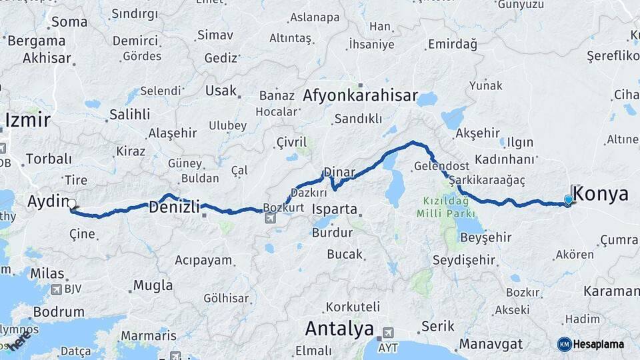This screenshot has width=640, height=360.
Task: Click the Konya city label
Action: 600,194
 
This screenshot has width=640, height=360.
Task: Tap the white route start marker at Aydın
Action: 72,205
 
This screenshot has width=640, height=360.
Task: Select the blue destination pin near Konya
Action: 568,199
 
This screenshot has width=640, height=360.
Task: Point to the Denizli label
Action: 174,207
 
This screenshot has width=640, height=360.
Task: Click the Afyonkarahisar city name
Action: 360,95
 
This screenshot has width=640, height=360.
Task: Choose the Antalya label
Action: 339,328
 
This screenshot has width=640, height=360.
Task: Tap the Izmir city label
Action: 27,120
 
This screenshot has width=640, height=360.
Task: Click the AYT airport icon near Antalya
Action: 387,333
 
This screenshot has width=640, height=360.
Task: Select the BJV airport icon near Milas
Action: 56,289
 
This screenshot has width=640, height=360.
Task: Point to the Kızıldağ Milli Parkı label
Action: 446,207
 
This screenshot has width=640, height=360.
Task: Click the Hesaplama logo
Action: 591,344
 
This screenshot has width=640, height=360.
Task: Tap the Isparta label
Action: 335,209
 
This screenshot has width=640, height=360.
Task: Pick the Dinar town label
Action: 339,172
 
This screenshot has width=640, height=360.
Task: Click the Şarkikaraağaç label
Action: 487,181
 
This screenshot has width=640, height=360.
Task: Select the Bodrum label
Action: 58,311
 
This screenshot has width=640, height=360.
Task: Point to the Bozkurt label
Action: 284,207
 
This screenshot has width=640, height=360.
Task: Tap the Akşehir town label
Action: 476,133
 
